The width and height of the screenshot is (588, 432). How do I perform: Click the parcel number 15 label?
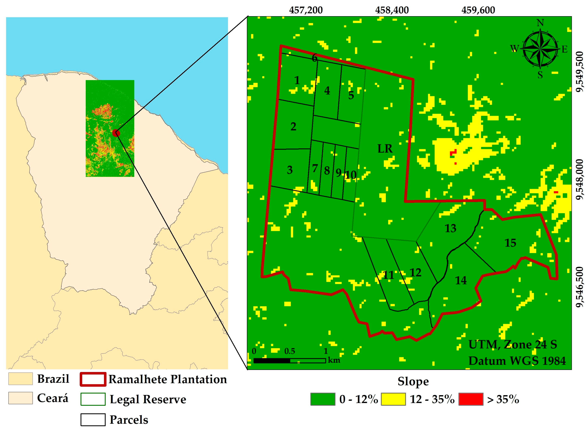click(x=510, y=243)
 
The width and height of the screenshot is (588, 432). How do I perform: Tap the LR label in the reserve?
click(x=385, y=149)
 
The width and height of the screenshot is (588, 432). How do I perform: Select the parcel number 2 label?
click(x=293, y=127)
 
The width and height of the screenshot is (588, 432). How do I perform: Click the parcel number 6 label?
click(x=315, y=58)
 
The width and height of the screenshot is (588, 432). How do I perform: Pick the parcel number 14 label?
click(x=461, y=281)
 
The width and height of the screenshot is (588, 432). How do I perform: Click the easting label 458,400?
click(x=392, y=10)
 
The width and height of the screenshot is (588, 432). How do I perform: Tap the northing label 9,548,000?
click(x=579, y=179)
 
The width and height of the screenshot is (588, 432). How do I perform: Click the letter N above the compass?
click(x=540, y=23)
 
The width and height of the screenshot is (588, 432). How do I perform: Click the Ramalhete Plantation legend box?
click(x=93, y=379)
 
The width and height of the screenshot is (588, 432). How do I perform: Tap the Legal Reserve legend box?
click(x=93, y=399)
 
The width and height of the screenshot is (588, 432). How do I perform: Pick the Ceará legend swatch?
click(x=20, y=398)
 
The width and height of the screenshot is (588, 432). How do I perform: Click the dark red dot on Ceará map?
click(x=116, y=133)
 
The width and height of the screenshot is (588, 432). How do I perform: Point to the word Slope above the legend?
click(x=413, y=381)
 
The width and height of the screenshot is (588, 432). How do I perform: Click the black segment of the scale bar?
click(x=272, y=361)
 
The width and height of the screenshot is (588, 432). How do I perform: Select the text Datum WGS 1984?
click(x=517, y=361)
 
